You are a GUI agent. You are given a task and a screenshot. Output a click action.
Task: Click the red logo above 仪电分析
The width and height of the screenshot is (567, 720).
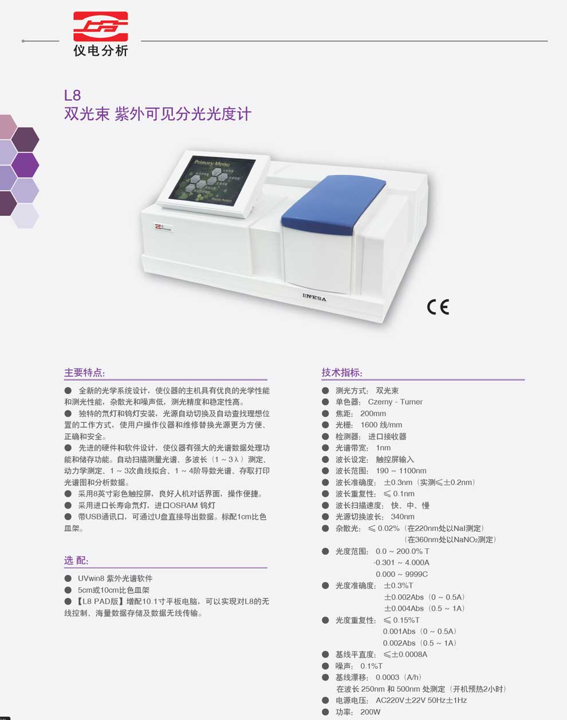tap(101, 26)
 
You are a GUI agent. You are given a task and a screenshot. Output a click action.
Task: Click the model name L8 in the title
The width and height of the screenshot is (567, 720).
tap(72, 95)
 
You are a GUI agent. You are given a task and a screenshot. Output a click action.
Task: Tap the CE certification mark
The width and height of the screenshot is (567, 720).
tap(438, 307)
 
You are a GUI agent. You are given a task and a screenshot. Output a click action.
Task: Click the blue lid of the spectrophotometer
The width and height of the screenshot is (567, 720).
tap(333, 203)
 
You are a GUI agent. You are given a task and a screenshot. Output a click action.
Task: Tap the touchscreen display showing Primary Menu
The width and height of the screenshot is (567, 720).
tap(212, 182)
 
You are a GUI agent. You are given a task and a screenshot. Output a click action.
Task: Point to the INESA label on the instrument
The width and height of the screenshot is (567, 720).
tap(314, 297)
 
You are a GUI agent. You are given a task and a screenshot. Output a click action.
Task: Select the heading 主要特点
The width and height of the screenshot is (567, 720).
tap(85, 373)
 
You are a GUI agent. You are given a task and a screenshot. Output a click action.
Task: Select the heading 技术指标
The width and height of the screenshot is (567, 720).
tap(342, 373)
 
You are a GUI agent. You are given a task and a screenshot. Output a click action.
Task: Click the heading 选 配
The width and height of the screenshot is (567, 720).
tap(76, 560)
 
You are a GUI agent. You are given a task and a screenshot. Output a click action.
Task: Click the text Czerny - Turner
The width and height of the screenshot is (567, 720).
tap(395, 402)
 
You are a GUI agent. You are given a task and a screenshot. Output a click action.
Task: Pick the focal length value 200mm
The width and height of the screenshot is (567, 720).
tap(373, 414)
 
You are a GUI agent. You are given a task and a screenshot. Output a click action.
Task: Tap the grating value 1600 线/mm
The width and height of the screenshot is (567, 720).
tap(381, 425)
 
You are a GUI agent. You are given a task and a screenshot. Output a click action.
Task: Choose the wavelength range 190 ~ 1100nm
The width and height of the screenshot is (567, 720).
tap(401, 471)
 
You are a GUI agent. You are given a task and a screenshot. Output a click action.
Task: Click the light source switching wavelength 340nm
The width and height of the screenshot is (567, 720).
tap(403, 517)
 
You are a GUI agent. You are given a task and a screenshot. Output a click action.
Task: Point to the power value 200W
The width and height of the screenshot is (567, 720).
tap(371, 712)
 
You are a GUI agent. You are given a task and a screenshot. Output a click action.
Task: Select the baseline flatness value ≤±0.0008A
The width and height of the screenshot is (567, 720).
tap(405, 655)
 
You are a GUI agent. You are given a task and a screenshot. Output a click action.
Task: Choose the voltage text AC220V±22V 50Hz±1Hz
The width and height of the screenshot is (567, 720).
tap(421, 701)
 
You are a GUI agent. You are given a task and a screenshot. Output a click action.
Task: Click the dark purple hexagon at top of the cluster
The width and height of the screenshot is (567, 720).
tap(25, 140)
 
